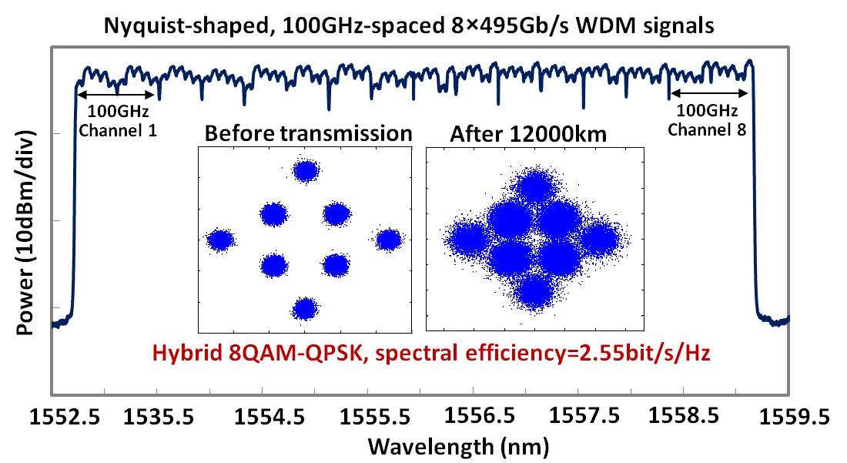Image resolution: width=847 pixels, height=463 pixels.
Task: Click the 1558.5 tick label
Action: (686, 417)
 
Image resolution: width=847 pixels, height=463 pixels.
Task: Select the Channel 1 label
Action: (119, 130)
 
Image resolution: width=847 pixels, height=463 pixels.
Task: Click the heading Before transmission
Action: (308, 133)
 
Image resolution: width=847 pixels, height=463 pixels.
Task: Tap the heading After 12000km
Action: (529, 134)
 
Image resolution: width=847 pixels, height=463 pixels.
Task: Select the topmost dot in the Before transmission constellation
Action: (306, 171)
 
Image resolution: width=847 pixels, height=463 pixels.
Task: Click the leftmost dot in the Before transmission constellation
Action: (220, 240)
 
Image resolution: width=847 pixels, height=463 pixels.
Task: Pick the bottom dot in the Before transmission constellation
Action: (306, 309)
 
